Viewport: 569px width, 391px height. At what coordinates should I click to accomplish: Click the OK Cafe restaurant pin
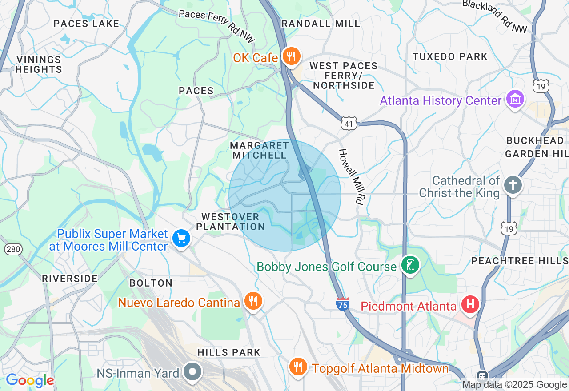(x=291, y=56)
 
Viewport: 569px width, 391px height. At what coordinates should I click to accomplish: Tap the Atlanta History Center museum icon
(x=515, y=99)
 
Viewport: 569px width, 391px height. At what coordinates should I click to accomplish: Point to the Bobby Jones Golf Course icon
(x=410, y=266)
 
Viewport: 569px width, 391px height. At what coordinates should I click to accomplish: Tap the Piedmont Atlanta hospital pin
(x=470, y=305)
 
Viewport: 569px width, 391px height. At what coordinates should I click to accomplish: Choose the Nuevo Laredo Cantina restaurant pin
(x=253, y=302)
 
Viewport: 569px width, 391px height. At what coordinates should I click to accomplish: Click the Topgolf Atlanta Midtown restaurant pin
(x=297, y=367)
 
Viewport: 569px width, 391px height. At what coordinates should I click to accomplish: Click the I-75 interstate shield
(x=342, y=304)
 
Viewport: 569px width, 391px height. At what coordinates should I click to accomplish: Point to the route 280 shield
(x=13, y=249)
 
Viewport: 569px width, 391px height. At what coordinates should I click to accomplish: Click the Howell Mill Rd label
(x=351, y=176)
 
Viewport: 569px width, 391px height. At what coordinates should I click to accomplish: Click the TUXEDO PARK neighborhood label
(x=450, y=56)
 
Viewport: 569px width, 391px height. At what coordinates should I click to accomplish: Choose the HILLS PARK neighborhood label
(x=228, y=352)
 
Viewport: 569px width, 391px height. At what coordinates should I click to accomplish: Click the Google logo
(x=30, y=380)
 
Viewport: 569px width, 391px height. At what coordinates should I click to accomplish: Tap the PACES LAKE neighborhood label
(x=86, y=24)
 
